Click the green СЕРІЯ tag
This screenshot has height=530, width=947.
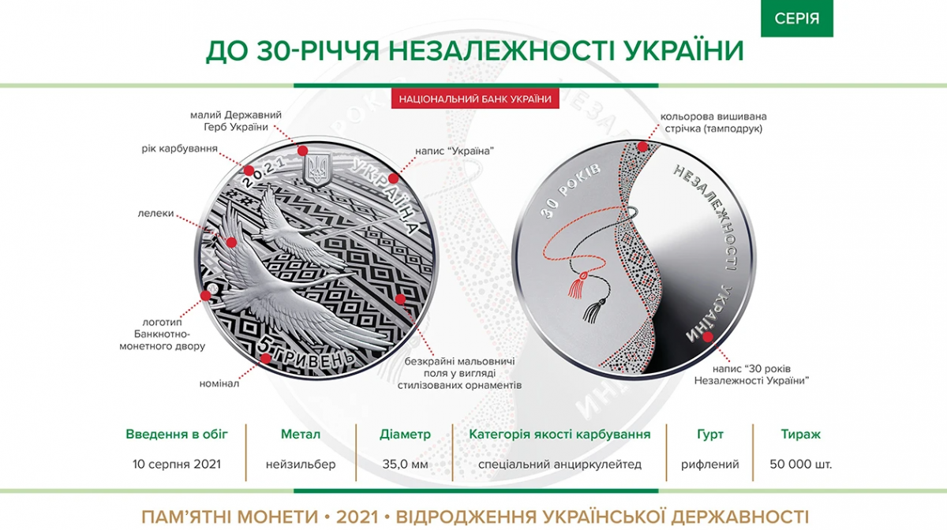pos(797,18)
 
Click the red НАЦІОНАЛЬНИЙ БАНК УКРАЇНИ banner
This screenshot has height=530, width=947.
pos(475,99)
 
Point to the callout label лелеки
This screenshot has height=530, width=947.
pos(155,214)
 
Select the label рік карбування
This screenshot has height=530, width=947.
pos(180,149)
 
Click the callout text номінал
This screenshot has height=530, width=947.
pos(219,384)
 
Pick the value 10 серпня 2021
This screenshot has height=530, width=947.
pos(177,464)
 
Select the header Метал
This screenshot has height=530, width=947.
pos(301,434)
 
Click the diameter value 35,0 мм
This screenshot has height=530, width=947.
pos(405,464)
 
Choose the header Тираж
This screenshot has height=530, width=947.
pos(800,434)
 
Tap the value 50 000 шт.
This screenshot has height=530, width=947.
pos(800,464)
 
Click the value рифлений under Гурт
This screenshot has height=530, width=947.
pos(709,464)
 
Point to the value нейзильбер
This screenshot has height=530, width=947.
pos(301,464)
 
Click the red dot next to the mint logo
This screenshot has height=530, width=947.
pos(206,296)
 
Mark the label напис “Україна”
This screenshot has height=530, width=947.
pos(455,151)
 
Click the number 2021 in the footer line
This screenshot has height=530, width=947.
pos(357,517)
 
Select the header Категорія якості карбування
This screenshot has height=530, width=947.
pos(560,434)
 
